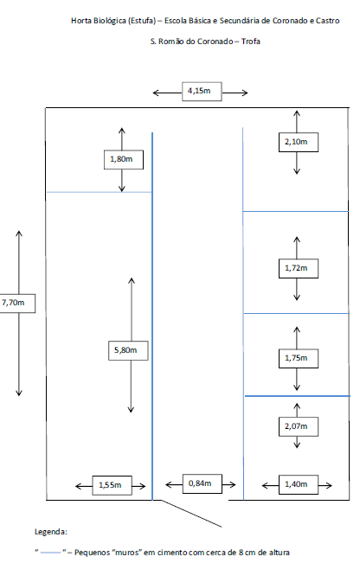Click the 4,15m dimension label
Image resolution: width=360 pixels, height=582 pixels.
pyautogui.click(x=202, y=92)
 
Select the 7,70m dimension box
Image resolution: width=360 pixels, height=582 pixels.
pyautogui.click(x=17, y=304)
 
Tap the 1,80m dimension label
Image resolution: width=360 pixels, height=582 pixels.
pyautogui.click(x=124, y=160)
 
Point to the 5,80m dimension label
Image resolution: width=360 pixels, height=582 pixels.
pyautogui.click(x=128, y=350)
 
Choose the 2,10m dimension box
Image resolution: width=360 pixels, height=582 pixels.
pyautogui.click(x=299, y=142)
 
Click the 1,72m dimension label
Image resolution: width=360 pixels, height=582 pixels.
pyautogui.click(x=299, y=268)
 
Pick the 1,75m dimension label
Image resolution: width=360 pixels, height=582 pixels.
pyautogui.click(x=299, y=359)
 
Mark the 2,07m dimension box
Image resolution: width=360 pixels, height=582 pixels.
pyautogui.click(x=299, y=426)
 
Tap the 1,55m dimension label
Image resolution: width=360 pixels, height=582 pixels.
pyautogui.click(x=112, y=485)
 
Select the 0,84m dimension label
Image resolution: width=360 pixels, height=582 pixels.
pyautogui.click(x=202, y=483)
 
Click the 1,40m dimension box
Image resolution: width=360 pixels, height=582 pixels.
pyautogui.click(x=299, y=485)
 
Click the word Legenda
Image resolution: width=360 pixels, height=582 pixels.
pyautogui.click(x=51, y=532)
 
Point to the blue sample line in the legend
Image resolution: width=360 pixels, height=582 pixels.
pyautogui.click(x=50, y=553)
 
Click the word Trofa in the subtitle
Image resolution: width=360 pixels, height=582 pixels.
pyautogui.click(x=250, y=42)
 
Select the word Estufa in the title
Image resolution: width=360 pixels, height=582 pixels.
pyautogui.click(x=142, y=21)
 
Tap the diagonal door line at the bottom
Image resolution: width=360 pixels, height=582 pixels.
pyautogui.click(x=191, y=514)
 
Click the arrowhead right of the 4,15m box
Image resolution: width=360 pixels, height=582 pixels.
pyautogui.click(x=244, y=93)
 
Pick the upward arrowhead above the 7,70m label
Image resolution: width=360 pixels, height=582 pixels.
pyautogui.click(x=19, y=233)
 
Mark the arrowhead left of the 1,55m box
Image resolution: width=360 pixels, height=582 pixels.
pyautogui.click(x=79, y=486)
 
